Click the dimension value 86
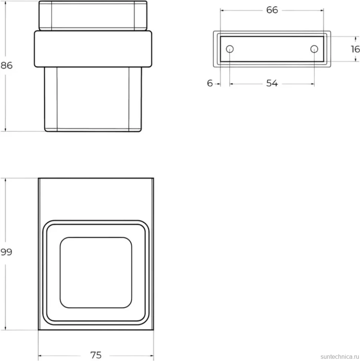pyautogui.click(x=6, y=66)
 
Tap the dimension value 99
pyautogui.click(x=6, y=252)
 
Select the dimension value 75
pyautogui.click(x=96, y=355)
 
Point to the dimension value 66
pyautogui.click(x=272, y=10)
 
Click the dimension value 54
pyautogui.click(x=272, y=83)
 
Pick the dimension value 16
pyautogui.click(x=356, y=49)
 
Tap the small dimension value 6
pyautogui.click(x=210, y=83)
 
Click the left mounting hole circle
pyautogui.click(x=230, y=49)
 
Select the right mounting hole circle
pyautogui.click(x=314, y=49)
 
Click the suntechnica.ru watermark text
pyautogui.click(x=340, y=357)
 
